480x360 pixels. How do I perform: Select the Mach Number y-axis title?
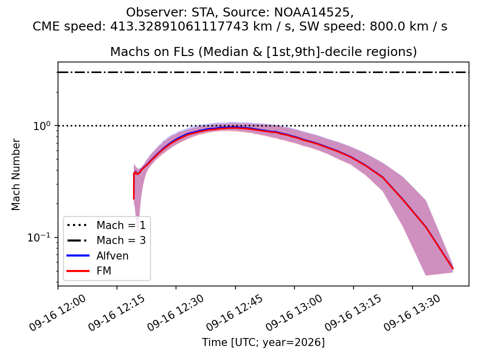tap(15, 174)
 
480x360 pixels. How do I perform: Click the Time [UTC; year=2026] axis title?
tap(263, 342)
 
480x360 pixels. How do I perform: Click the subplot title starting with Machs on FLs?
tap(263, 51)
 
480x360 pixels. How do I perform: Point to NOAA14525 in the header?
tap(312, 12)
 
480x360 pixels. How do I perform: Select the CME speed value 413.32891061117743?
tap(179, 26)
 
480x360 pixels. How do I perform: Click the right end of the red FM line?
tap(453, 268)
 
